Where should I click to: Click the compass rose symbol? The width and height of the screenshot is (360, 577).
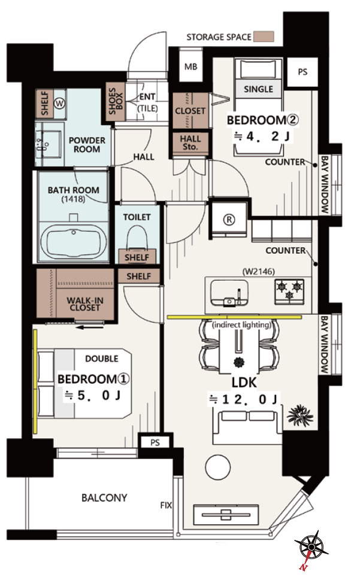click(x=311, y=545)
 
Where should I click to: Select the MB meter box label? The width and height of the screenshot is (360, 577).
click(x=190, y=66)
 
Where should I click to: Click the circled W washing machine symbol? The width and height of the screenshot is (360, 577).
click(x=59, y=104)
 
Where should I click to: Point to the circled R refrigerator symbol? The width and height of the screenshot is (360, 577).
click(x=229, y=220)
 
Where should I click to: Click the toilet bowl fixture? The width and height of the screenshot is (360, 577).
click(x=137, y=238)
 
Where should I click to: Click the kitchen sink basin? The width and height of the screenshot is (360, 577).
click(x=229, y=293)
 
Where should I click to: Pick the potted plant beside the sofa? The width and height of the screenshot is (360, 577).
click(x=300, y=415)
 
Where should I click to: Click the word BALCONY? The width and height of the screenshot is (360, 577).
click(x=104, y=498)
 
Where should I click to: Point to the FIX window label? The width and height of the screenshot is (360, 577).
click(x=166, y=505)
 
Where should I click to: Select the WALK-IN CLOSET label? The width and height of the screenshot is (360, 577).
click(x=85, y=304)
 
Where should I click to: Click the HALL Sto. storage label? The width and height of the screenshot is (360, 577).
click(x=190, y=142)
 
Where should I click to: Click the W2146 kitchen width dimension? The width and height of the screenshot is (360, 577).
click(x=259, y=272)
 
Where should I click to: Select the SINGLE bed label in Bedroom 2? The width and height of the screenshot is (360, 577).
click(x=258, y=89)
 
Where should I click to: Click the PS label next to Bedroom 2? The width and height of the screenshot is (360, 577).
click(x=302, y=72)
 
